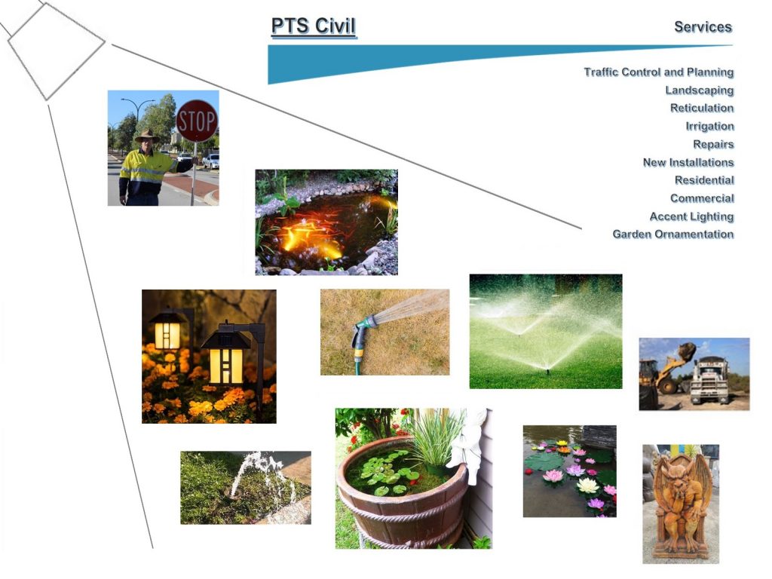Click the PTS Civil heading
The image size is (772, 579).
(314, 26)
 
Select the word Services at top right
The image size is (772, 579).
(703, 26)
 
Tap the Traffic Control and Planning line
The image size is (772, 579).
(659, 72)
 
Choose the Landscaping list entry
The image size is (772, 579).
(700, 90)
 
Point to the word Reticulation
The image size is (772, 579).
(702, 108)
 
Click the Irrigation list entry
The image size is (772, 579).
(710, 126)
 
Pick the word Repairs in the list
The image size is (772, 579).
(713, 144)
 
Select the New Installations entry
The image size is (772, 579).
(688, 162)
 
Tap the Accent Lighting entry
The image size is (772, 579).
(692, 216)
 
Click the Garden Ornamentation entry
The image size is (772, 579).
(673, 234)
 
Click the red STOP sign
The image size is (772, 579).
(197, 121)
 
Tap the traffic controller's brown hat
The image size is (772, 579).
(146, 136)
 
